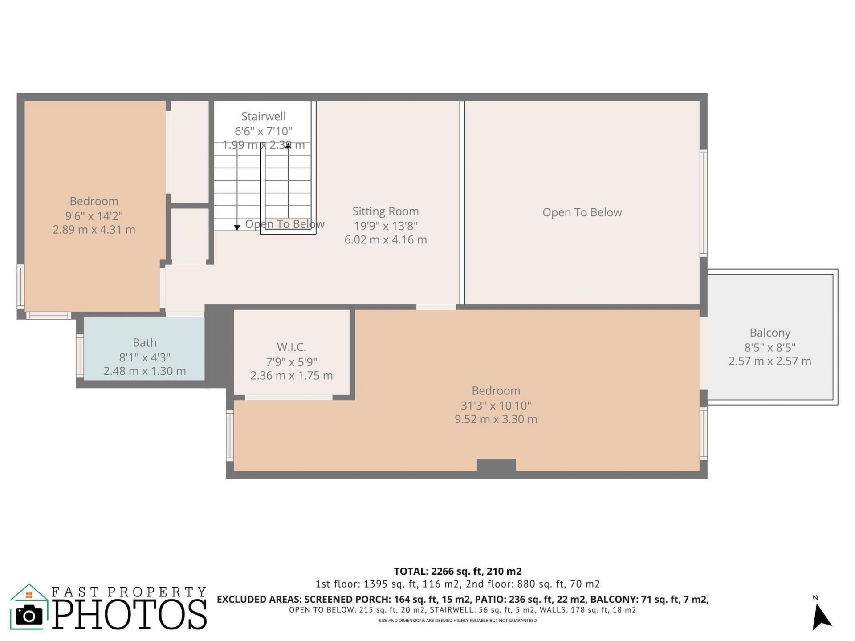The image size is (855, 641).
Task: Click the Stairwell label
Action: click(x=263, y=117)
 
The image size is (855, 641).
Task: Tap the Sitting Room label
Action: click(x=385, y=211)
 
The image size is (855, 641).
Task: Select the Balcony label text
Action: click(x=769, y=333)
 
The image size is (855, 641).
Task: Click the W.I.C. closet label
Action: click(x=291, y=347)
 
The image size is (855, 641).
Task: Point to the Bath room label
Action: click(x=144, y=343)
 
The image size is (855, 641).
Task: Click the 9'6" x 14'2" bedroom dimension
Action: click(x=94, y=216)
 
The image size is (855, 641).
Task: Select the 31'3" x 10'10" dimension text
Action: click(x=496, y=406)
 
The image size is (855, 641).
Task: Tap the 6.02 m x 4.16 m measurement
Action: click(x=385, y=240)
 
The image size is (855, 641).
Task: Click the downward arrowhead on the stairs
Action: click(x=237, y=227)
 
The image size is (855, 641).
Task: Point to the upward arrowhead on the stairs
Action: click(x=288, y=146)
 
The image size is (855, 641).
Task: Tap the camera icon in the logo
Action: click(x=29, y=616)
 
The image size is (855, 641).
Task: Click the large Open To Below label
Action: click(x=582, y=212)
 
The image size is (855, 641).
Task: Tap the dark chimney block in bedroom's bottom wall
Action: click(x=496, y=466)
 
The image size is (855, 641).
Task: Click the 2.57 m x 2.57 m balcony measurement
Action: click(x=769, y=361)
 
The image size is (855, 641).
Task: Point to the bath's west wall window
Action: click(x=80, y=356)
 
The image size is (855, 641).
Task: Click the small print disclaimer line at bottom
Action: click(x=457, y=621)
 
